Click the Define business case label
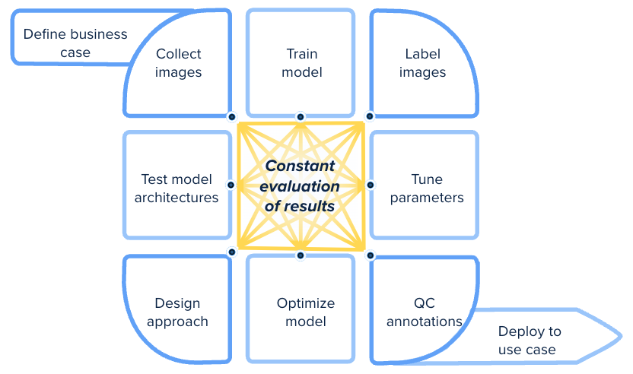coord(75,43)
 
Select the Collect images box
coord(177,63)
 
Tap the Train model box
coord(301,63)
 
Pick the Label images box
coord(425,63)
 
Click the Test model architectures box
coord(177,185)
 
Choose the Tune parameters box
coord(425,185)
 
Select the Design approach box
coord(177,309)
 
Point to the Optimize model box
coord(301,309)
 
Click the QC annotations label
coord(425,312)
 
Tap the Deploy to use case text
coord(530,340)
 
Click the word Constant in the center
coord(300,166)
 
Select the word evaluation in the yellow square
coord(300,186)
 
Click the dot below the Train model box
coord(301,117)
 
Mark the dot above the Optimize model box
coord(301,255)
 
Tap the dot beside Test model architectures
coord(231,185)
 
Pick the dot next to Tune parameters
coord(371,185)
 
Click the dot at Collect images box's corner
coord(232,117)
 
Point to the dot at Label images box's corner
coord(370,116)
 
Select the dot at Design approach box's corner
coord(232,252)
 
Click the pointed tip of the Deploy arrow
coord(622,336)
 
